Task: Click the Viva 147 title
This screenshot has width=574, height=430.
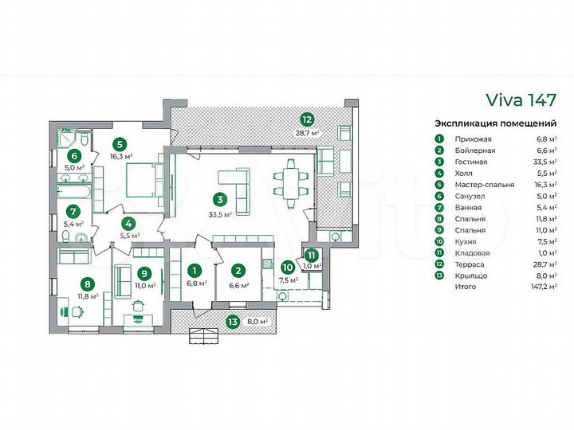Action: [521, 100]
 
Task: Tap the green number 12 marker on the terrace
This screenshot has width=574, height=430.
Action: [307, 119]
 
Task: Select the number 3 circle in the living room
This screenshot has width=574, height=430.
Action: [220, 200]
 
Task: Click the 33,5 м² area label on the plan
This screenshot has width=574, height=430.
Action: [221, 215]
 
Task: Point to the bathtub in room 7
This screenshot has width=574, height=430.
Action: [73, 192]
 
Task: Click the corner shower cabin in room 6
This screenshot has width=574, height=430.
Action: [67, 138]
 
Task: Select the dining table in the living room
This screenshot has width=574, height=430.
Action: [291, 184]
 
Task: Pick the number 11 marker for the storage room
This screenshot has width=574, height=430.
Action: [311, 255]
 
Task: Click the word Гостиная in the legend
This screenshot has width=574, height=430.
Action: [471, 162]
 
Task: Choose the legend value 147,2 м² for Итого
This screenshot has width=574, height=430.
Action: [544, 287]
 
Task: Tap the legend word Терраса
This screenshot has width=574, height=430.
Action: [470, 264]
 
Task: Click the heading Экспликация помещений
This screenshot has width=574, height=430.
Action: [496, 123]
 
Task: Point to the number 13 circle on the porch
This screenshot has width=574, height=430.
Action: [233, 322]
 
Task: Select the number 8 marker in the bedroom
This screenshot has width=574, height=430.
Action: [87, 283]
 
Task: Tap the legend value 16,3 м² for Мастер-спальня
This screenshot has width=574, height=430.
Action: [545, 185]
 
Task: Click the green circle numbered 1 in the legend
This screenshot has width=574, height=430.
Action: [439, 139]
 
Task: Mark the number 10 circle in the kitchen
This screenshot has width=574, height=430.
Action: [288, 268]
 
